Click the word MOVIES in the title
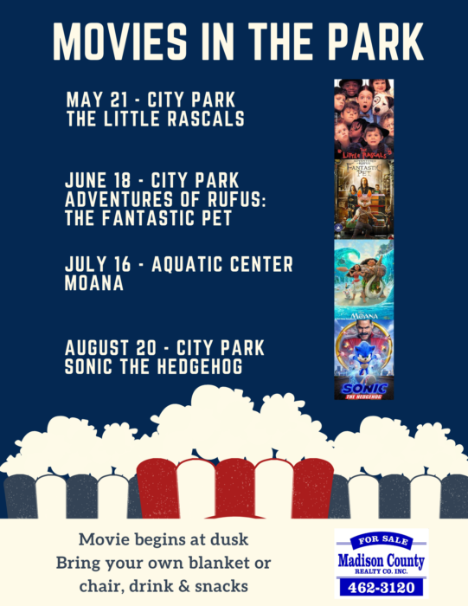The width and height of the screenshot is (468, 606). pyautogui.click(x=119, y=42)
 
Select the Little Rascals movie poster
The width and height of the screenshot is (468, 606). pyautogui.click(x=363, y=119)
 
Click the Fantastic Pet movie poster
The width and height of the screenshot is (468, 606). pyautogui.click(x=363, y=199)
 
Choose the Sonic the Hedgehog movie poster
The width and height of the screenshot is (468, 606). pyautogui.click(x=363, y=359)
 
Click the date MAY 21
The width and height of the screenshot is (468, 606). pyautogui.click(x=97, y=100)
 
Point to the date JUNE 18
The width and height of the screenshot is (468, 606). pyautogui.click(x=98, y=180)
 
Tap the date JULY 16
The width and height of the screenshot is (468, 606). pyautogui.click(x=98, y=264)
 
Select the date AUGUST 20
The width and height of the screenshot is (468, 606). pyautogui.click(x=111, y=348)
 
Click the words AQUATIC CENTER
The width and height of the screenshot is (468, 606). pyautogui.click(x=222, y=264)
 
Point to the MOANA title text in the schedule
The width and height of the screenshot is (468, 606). pyautogui.click(x=93, y=283)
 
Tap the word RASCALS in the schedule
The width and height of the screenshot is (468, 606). pyautogui.click(x=206, y=119)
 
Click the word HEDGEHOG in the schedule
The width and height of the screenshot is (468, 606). pyautogui.click(x=199, y=366)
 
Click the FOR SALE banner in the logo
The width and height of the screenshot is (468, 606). pyautogui.click(x=382, y=541)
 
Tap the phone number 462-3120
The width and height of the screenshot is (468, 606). pyautogui.click(x=381, y=588)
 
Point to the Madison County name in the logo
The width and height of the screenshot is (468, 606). pyautogui.click(x=381, y=560)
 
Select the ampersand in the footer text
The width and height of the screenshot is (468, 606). pyautogui.click(x=186, y=586)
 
